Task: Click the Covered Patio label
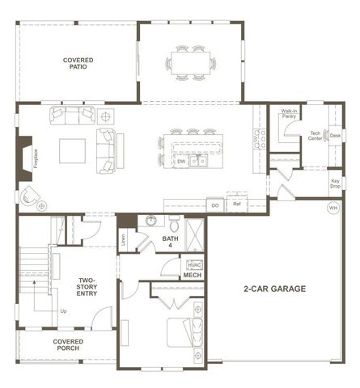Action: (x=78, y=63)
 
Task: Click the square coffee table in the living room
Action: (x=72, y=150)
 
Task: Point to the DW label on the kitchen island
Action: (x=181, y=161)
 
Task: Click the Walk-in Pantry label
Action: (x=289, y=114)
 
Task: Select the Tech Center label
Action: (x=316, y=136)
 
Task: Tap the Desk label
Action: (x=335, y=135)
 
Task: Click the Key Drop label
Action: (x=336, y=183)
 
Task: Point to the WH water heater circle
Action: (x=332, y=208)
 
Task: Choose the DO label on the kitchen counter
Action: (x=214, y=205)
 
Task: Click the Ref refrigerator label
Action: (x=236, y=205)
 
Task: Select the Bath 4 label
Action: (x=170, y=242)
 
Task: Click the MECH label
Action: (x=192, y=276)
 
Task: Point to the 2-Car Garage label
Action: (x=273, y=288)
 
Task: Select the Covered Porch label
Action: (x=69, y=345)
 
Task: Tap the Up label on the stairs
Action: (x=64, y=310)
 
